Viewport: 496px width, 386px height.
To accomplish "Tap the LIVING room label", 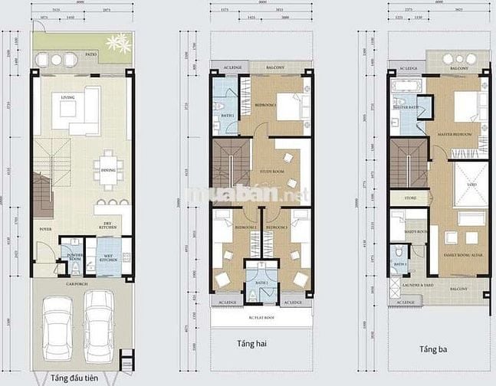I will pyautogui.click(x=67, y=97).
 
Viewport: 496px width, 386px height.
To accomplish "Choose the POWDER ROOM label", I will pyautogui.click(x=75, y=258).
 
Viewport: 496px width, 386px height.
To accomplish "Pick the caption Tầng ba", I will pyautogui.click(x=433, y=349).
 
